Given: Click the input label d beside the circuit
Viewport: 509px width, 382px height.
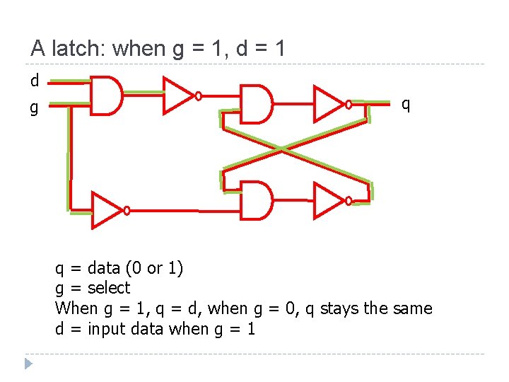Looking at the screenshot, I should pyautogui.click(x=35, y=81).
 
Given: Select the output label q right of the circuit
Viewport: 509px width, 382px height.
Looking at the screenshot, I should pyautogui.click(x=406, y=104).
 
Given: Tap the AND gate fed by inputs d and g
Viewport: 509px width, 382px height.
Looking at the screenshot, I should pyautogui.click(x=107, y=95).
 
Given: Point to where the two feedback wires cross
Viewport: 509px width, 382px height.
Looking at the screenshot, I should pyautogui.click(x=282, y=149).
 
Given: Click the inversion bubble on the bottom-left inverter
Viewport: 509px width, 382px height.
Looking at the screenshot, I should pyautogui.click(x=127, y=210).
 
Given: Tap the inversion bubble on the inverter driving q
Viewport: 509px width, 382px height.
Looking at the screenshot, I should pyautogui.click(x=349, y=105).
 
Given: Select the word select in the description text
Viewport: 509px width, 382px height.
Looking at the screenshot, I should pyautogui.click(x=109, y=288).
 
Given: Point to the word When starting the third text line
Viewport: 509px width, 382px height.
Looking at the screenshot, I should pyautogui.click(x=76, y=308).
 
